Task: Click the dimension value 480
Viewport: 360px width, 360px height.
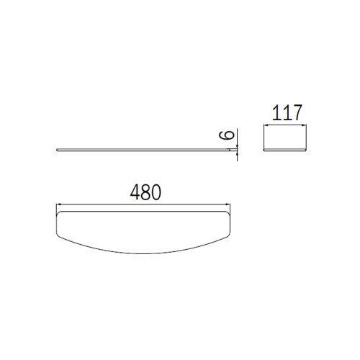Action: coord(145,193)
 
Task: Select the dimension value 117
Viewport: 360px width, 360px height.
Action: coord(287,112)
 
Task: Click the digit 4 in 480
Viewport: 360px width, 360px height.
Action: coord(135,193)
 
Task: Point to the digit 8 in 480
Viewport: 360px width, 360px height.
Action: coord(145,193)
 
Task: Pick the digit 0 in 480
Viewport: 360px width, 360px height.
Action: coord(155,193)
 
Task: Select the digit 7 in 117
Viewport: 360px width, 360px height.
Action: coord(295,112)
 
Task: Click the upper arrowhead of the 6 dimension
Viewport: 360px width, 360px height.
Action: coord(235,145)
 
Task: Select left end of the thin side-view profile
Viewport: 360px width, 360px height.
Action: coord(57,150)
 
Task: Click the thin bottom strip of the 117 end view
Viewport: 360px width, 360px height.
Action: coord(287,151)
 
